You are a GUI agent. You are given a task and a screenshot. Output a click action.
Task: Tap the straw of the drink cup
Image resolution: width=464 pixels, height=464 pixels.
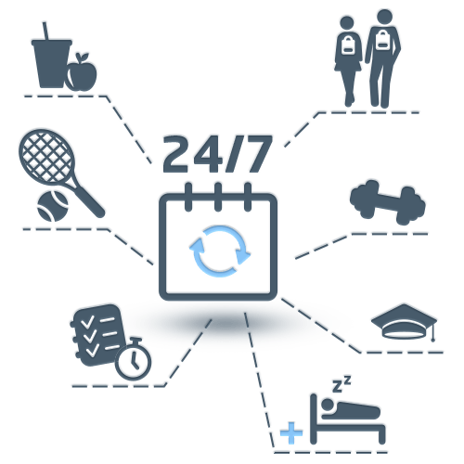tap(45, 31)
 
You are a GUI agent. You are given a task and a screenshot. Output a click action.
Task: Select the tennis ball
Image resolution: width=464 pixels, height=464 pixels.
tap(53, 206)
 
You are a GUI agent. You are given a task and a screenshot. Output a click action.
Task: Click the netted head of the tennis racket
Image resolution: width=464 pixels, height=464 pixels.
tap(46, 156)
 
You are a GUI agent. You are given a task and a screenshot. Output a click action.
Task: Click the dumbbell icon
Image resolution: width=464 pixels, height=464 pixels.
tap(388, 202)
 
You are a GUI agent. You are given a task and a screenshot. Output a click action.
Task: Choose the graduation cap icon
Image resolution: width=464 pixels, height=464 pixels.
tap(404, 322)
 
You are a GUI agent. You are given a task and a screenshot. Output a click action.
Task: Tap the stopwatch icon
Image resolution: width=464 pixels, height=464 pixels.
tap(134, 359)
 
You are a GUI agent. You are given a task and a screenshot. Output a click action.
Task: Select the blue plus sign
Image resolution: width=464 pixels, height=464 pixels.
tap(291, 432)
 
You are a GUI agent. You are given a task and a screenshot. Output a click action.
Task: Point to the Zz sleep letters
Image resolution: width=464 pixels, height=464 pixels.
tap(342, 384)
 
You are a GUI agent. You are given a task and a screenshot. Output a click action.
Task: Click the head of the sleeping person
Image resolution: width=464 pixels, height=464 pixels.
tap(329, 405)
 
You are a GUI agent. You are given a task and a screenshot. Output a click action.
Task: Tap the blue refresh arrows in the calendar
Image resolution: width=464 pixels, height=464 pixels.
tap(220, 251)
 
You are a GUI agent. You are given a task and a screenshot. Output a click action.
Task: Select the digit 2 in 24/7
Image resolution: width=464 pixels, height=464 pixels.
tap(175, 154)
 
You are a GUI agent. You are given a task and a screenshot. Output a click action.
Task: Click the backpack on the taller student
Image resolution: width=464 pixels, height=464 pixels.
tap(382, 40)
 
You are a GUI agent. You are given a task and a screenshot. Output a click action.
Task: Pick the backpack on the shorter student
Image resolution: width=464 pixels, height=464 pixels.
tap(348, 45)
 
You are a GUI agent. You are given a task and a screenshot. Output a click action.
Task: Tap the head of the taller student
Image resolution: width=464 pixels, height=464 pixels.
tap(384, 17)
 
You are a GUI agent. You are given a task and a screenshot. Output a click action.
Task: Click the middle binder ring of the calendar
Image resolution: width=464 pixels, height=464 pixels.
tap(218, 197)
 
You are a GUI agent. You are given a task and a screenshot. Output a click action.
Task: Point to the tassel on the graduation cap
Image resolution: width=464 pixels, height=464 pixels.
tap(433, 331)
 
